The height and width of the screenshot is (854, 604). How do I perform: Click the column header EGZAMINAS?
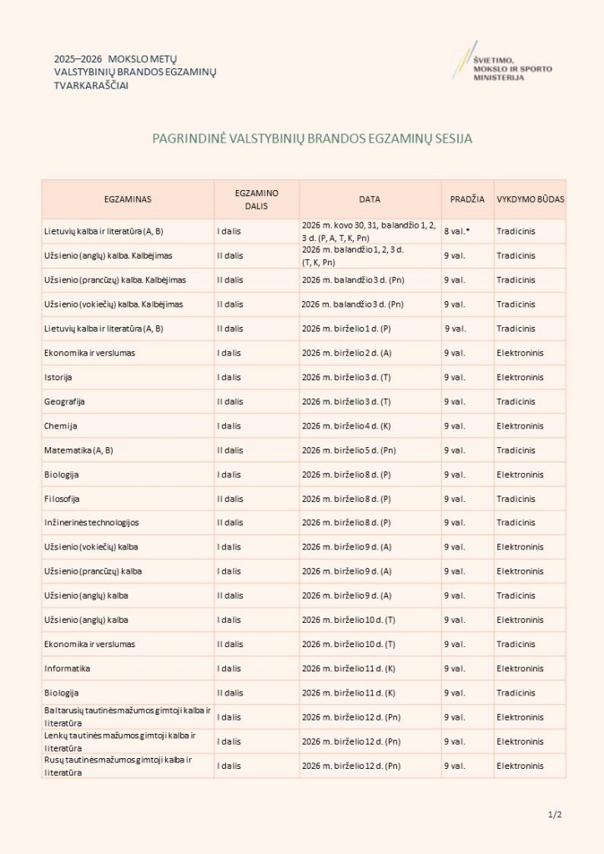point(128,200)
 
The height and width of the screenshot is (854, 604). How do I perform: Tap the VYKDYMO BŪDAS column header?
point(530,200)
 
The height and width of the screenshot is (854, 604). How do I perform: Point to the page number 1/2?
point(555,814)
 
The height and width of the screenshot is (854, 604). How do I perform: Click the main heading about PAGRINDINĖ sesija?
point(312,138)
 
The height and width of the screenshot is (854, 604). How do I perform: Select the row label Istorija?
point(58,378)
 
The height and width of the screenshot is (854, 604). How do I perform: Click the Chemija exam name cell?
point(61,426)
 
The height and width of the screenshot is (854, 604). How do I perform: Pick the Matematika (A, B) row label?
point(78,450)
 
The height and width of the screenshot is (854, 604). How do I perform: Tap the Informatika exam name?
point(68,668)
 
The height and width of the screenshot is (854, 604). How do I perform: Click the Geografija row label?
point(65,402)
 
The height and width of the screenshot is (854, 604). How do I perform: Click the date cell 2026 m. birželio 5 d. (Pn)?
point(352,450)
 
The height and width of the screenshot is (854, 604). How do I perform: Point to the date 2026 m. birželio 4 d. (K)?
point(350,426)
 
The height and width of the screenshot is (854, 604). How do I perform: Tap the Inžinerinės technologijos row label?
point(92,523)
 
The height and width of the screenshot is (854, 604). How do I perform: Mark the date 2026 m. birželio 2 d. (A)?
point(350,354)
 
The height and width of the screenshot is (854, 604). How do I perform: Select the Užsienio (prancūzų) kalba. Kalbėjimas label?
point(115,280)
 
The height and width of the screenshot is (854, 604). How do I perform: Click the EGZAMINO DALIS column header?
point(256,199)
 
